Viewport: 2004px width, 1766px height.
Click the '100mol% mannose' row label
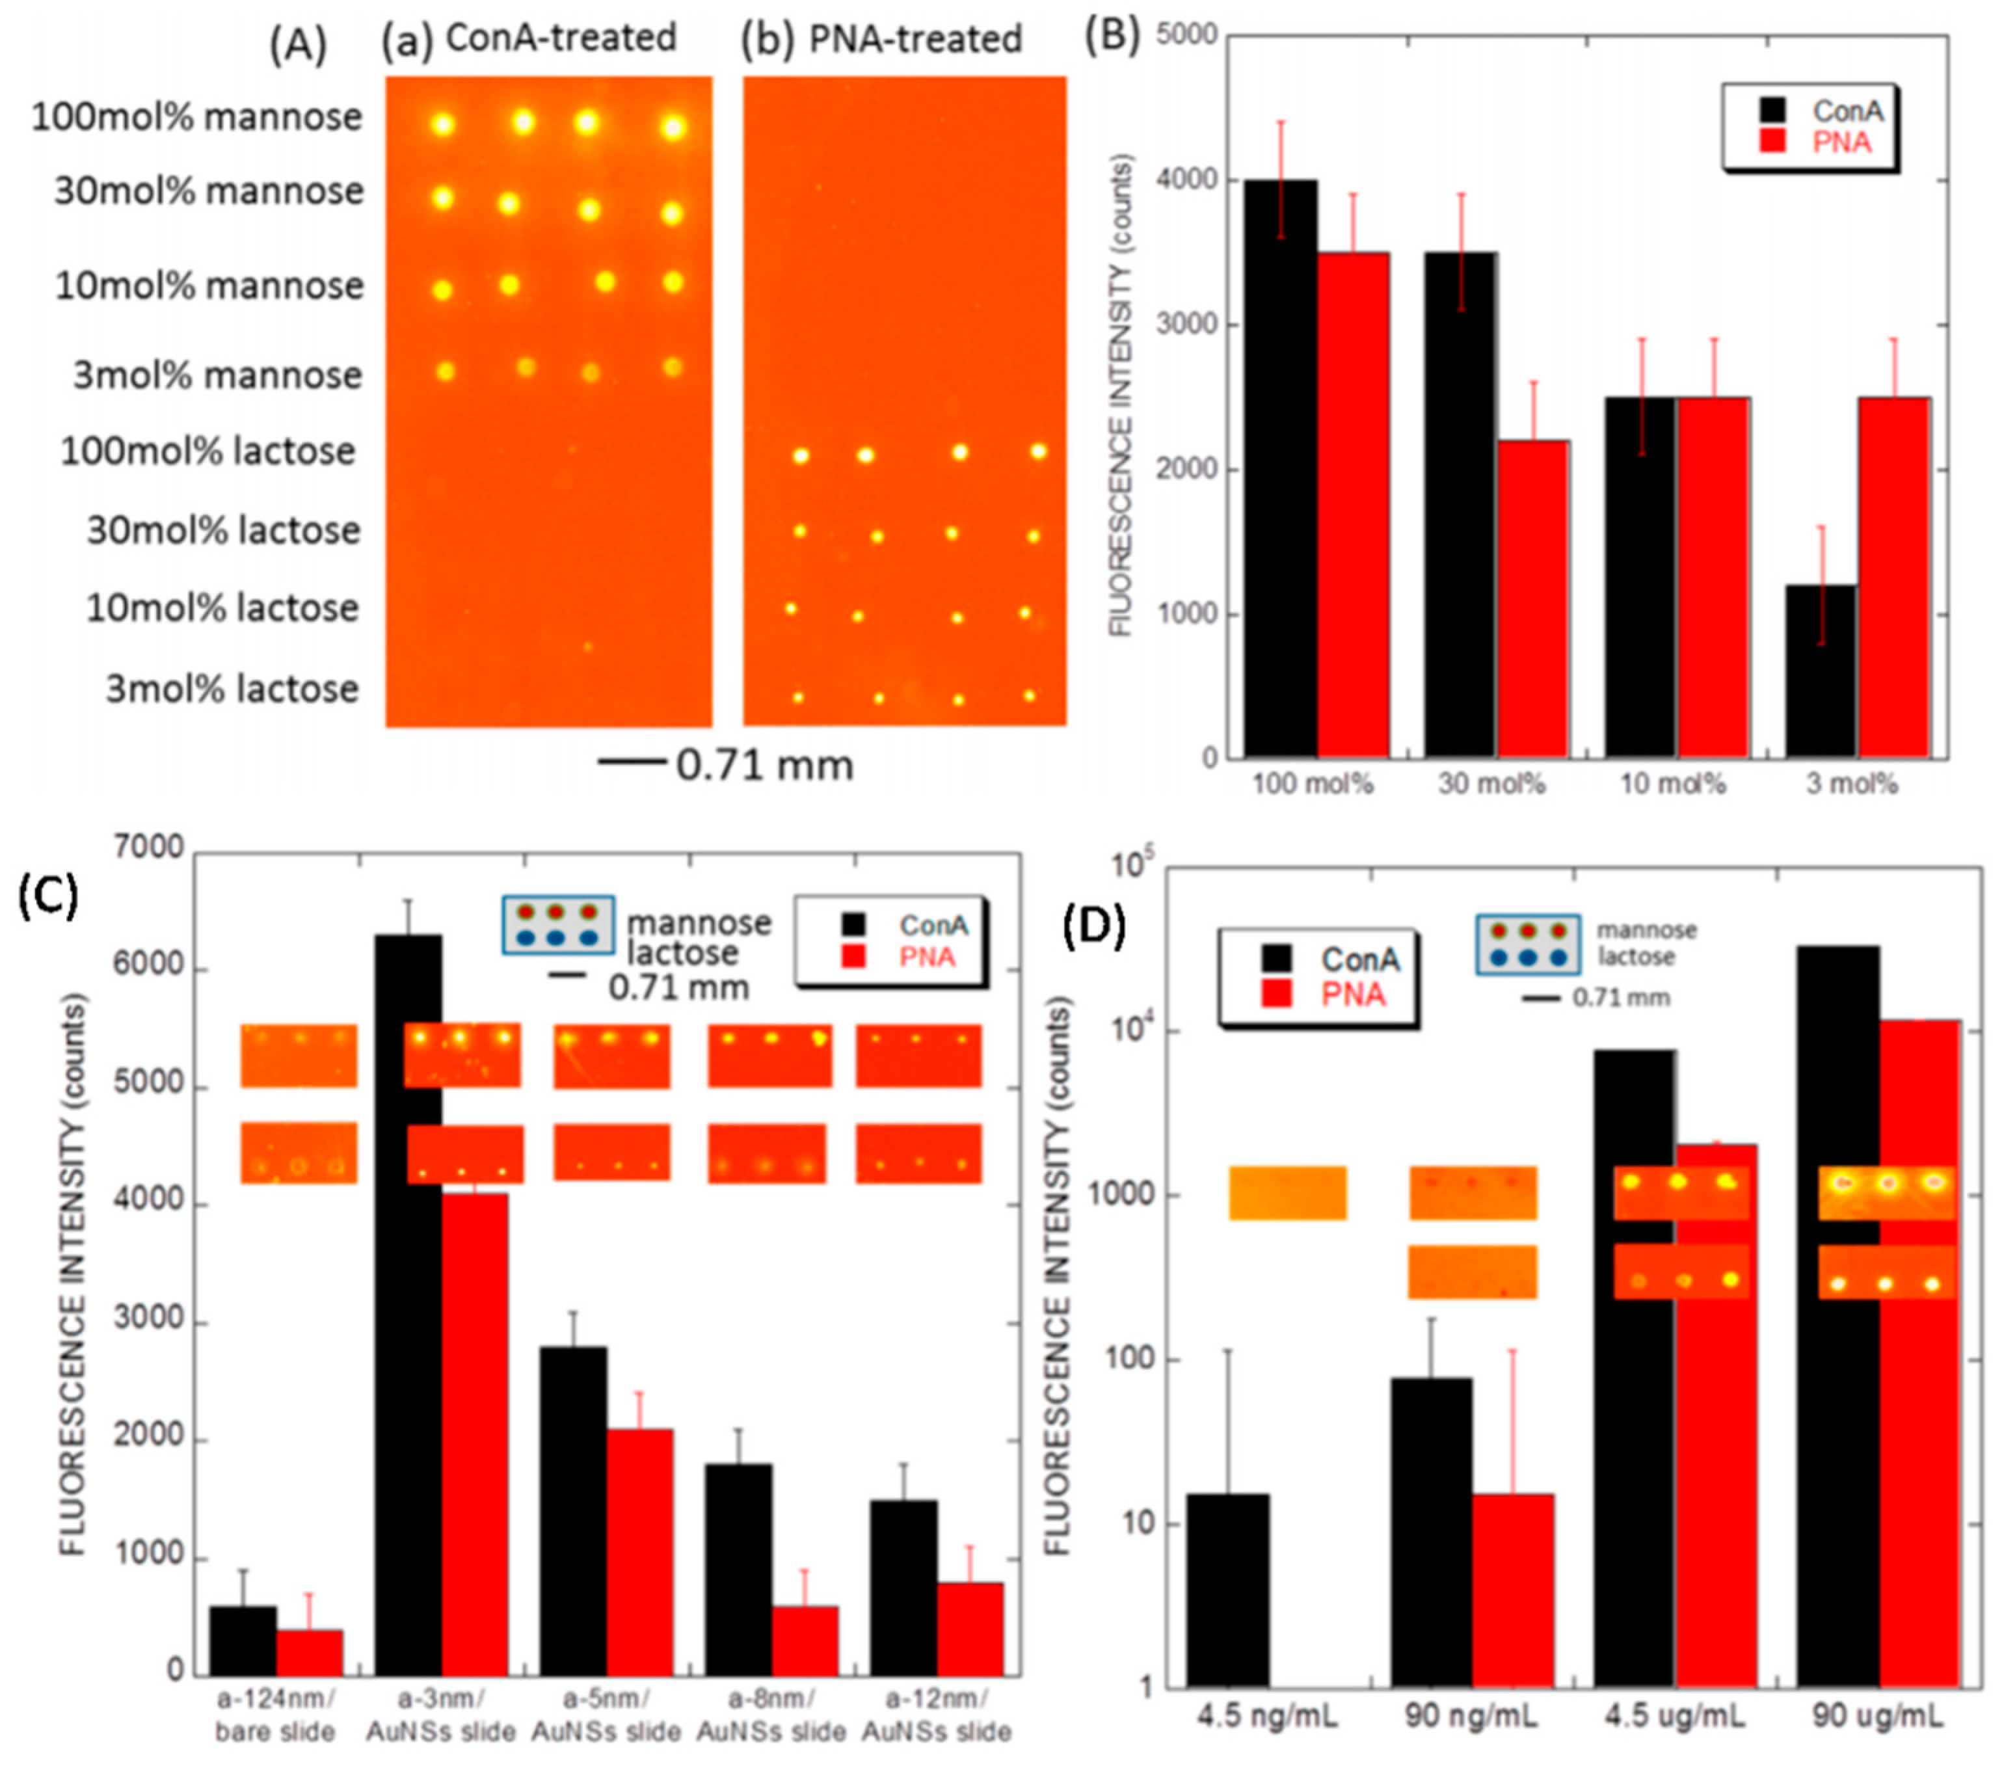[196, 118]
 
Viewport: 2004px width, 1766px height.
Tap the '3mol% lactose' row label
[232, 689]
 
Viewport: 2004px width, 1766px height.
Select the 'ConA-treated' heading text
[561, 38]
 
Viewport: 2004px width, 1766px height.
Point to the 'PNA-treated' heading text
[915, 39]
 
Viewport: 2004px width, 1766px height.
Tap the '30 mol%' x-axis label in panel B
[1491, 784]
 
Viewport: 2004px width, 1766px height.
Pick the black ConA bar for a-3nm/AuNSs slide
[408, 1304]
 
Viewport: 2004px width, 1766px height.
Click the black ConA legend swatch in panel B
[1772, 111]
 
